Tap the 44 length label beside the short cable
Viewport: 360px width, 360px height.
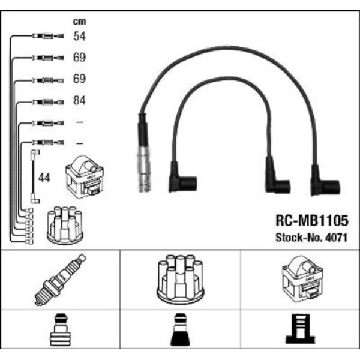click(44, 178)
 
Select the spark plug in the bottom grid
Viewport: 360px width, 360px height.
click(61, 280)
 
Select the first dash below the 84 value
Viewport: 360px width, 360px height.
click(79, 122)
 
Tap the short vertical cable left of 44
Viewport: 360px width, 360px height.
click(33, 178)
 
